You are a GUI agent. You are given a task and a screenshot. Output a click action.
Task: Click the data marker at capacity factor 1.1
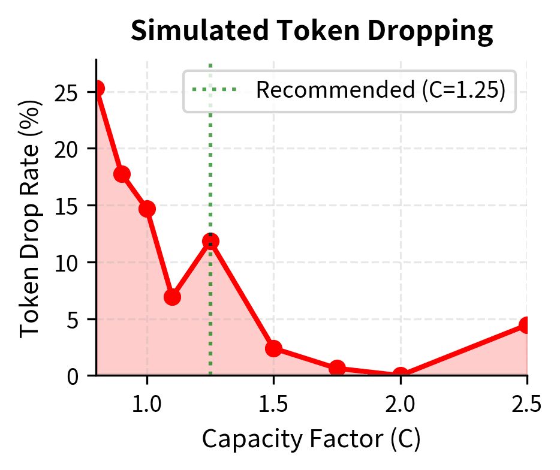point(173,297)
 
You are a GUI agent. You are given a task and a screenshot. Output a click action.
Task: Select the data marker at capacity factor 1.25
point(210,242)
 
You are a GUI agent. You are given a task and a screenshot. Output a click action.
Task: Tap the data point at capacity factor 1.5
point(274,349)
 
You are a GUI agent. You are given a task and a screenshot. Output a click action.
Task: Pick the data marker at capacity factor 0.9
point(122,174)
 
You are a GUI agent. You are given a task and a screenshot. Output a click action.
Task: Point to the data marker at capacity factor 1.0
point(147,209)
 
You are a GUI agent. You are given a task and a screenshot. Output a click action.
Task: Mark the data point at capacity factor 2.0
point(401,375)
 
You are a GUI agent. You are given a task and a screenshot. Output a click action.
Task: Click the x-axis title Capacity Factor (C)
point(311,440)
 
